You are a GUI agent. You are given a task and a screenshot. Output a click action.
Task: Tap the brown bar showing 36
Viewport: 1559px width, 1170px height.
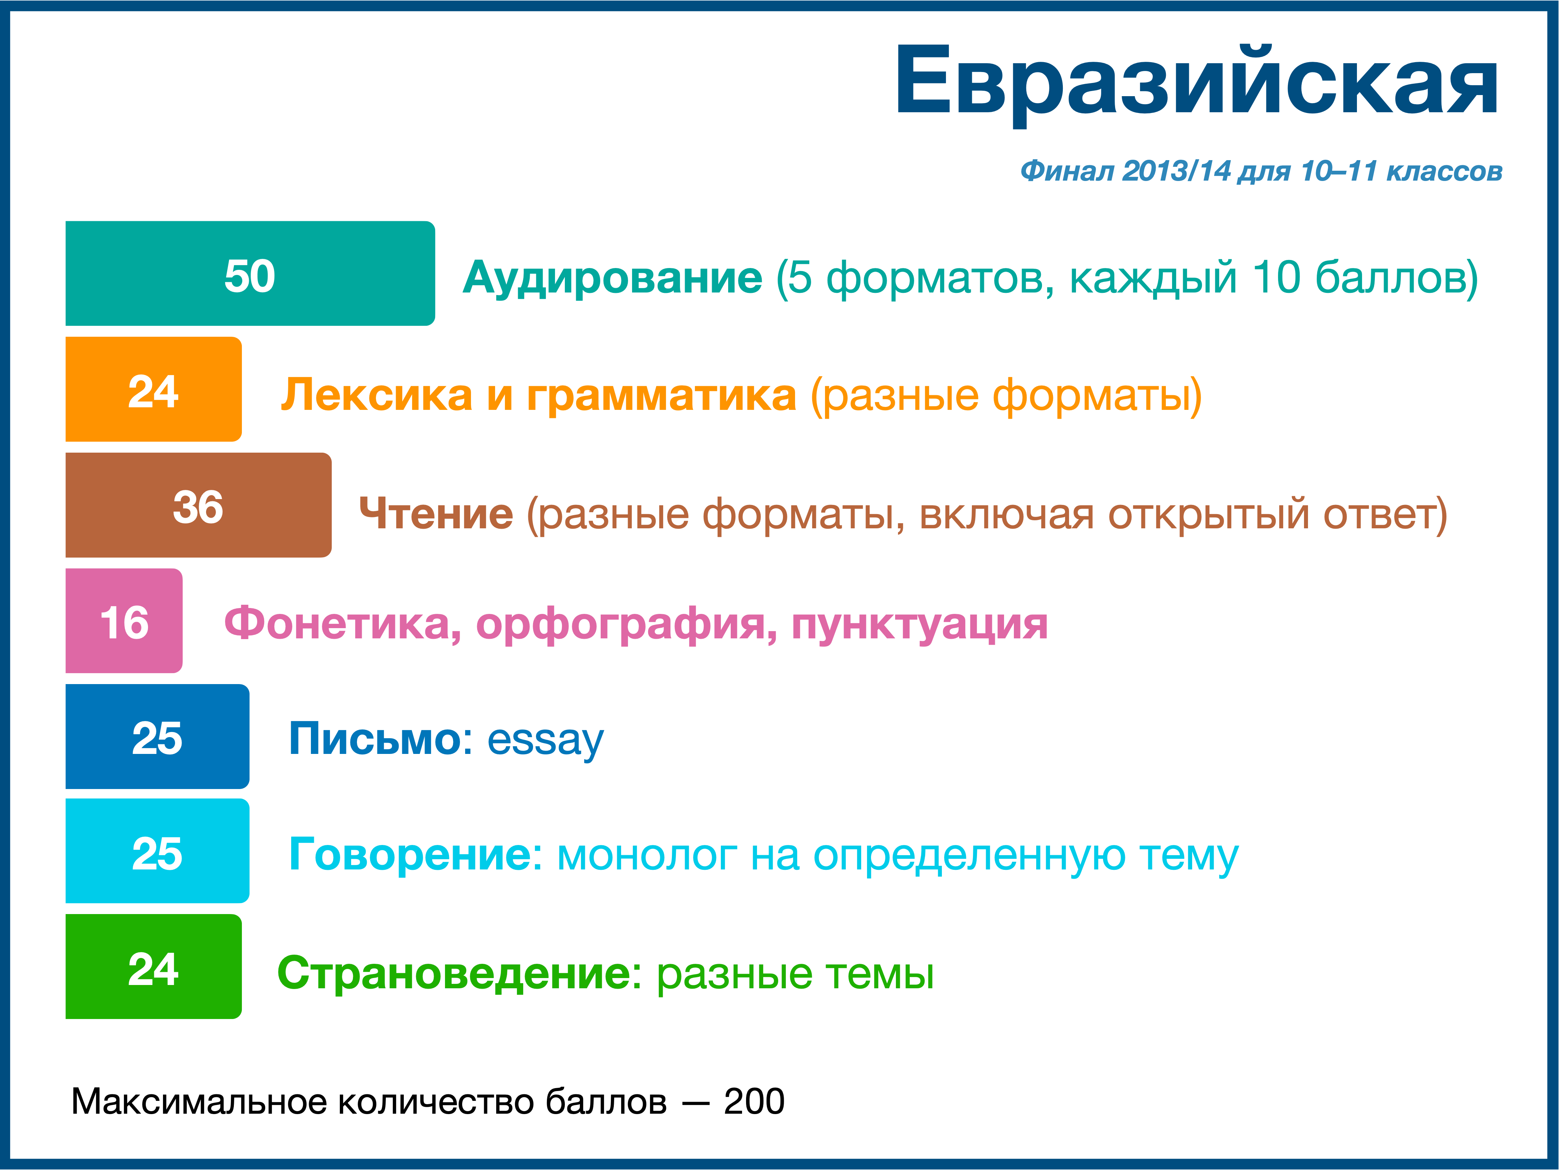199,505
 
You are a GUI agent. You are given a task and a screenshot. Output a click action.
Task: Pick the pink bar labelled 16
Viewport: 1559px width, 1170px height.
124,620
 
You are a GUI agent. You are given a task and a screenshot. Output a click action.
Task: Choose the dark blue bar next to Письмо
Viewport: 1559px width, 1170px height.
157,736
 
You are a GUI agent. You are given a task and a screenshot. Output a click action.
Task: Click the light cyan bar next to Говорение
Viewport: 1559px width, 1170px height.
157,850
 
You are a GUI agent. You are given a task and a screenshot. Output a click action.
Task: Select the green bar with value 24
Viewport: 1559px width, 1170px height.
154,966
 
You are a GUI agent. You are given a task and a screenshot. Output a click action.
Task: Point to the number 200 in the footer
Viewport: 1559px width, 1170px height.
754,1102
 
